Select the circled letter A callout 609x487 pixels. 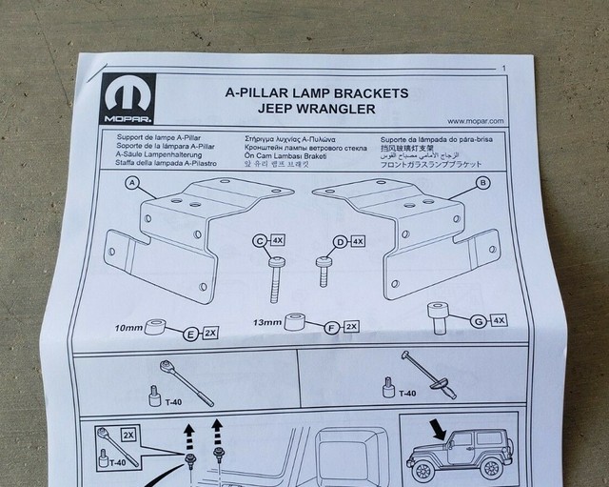point(132,181)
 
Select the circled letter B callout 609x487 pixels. point(483,181)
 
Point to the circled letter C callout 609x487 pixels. point(259,242)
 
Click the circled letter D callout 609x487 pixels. point(340,242)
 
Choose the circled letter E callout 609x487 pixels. point(191,334)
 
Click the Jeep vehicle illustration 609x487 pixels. point(453,456)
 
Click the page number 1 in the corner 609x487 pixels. point(502,68)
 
